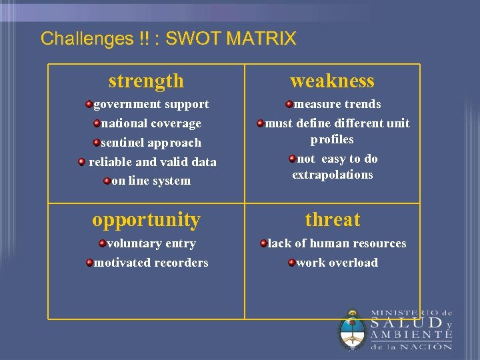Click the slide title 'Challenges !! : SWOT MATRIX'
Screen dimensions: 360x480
pyautogui.click(x=168, y=39)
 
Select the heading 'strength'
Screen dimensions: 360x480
pyautogui.click(x=146, y=81)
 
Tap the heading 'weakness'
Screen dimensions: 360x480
pyautogui.click(x=332, y=81)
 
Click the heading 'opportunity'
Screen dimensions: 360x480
pyautogui.click(x=146, y=219)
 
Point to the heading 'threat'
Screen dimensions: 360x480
pyautogui.click(x=332, y=219)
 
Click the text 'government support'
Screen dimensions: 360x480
pyautogui.click(x=151, y=104)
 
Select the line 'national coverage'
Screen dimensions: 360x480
pyautogui.click(x=151, y=123)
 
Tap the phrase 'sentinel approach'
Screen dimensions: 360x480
pyautogui.click(x=151, y=143)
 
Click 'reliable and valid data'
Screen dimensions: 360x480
pyautogui.click(x=152, y=162)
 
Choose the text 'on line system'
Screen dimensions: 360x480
pyautogui.click(x=151, y=181)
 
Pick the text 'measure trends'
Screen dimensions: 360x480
pyautogui.click(x=337, y=104)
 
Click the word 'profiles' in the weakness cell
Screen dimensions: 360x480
pyautogui.click(x=332, y=139)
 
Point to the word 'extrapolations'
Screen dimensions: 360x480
pyautogui.click(x=332, y=175)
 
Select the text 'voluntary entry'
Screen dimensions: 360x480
pyautogui.click(x=151, y=244)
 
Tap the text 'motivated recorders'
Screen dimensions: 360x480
pyautogui.click(x=151, y=263)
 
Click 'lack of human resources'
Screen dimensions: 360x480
pyautogui.click(x=337, y=244)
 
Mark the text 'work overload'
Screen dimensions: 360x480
pyautogui.click(x=337, y=263)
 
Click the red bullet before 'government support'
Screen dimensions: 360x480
pyautogui.click(x=89, y=104)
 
